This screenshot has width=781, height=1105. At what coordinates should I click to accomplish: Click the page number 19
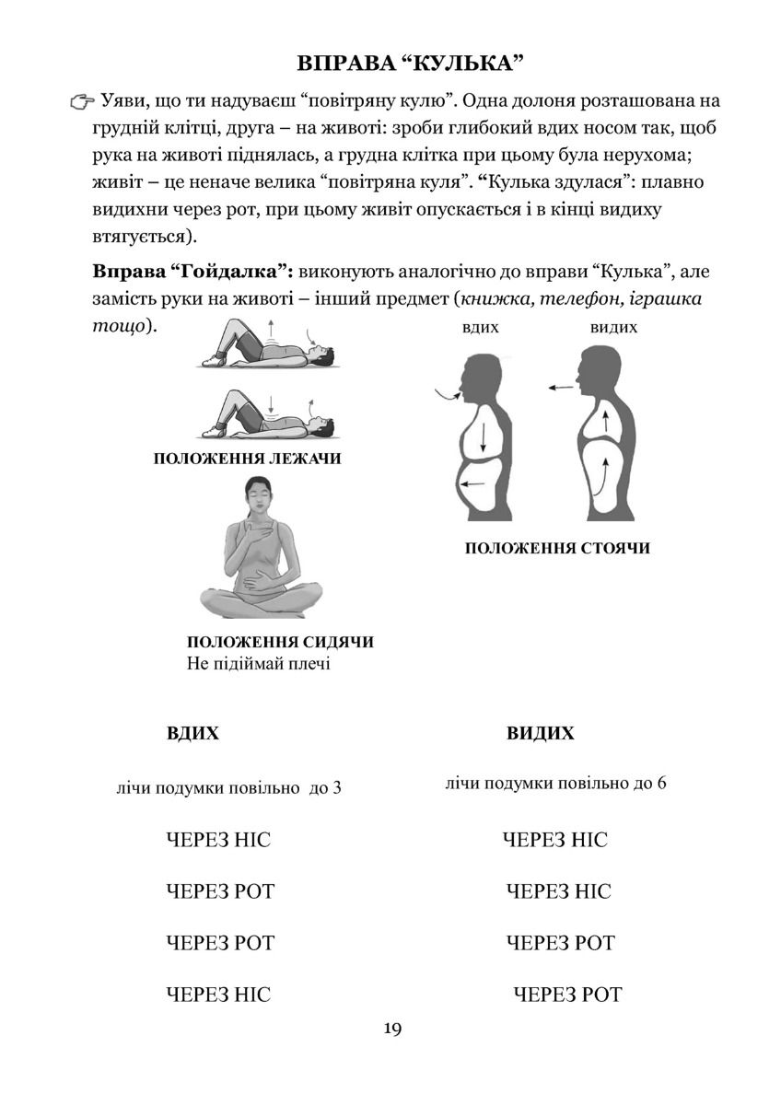(391, 1029)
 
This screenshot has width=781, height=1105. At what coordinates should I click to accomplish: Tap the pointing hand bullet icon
(80, 101)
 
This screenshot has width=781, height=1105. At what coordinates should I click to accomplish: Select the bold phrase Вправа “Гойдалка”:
(192, 273)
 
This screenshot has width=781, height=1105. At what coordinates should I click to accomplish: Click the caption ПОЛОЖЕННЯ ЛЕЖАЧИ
(247, 459)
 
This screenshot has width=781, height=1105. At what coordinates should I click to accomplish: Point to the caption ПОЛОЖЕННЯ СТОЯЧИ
(557, 548)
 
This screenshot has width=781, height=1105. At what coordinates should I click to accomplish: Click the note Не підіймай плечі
(258, 664)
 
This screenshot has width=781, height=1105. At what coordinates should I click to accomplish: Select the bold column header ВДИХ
(192, 734)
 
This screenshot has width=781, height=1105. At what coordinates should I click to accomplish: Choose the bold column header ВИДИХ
(540, 734)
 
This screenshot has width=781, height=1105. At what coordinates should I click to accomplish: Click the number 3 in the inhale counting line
(338, 789)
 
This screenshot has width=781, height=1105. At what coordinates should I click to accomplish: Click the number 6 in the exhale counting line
(662, 784)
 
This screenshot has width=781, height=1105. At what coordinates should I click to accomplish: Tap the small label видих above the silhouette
(612, 327)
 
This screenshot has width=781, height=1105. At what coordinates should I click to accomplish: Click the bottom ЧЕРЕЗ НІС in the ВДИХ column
(219, 994)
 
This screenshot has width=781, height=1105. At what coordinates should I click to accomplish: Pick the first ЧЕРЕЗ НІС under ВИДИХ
(555, 840)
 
